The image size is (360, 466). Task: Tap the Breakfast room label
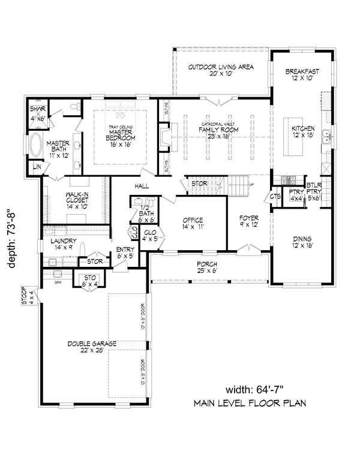301,75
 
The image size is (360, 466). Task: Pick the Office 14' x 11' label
193,224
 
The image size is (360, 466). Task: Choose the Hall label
142,187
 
